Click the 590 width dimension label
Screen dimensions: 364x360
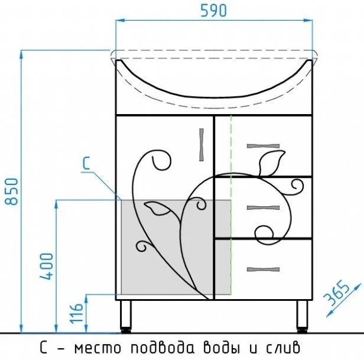pos(213,11)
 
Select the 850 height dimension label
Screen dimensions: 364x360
pos(11,192)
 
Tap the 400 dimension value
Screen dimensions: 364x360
pos(47,266)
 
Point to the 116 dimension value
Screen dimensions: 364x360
pos(76,313)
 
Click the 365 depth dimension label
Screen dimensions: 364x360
pos(336,293)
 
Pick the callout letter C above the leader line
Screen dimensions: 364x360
pos(86,163)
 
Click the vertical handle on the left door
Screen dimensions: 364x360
pos(201,145)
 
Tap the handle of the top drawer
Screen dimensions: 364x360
pos(263,146)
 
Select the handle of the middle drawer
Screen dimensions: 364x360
pos(263,207)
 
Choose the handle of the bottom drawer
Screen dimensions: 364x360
pos(263,269)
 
